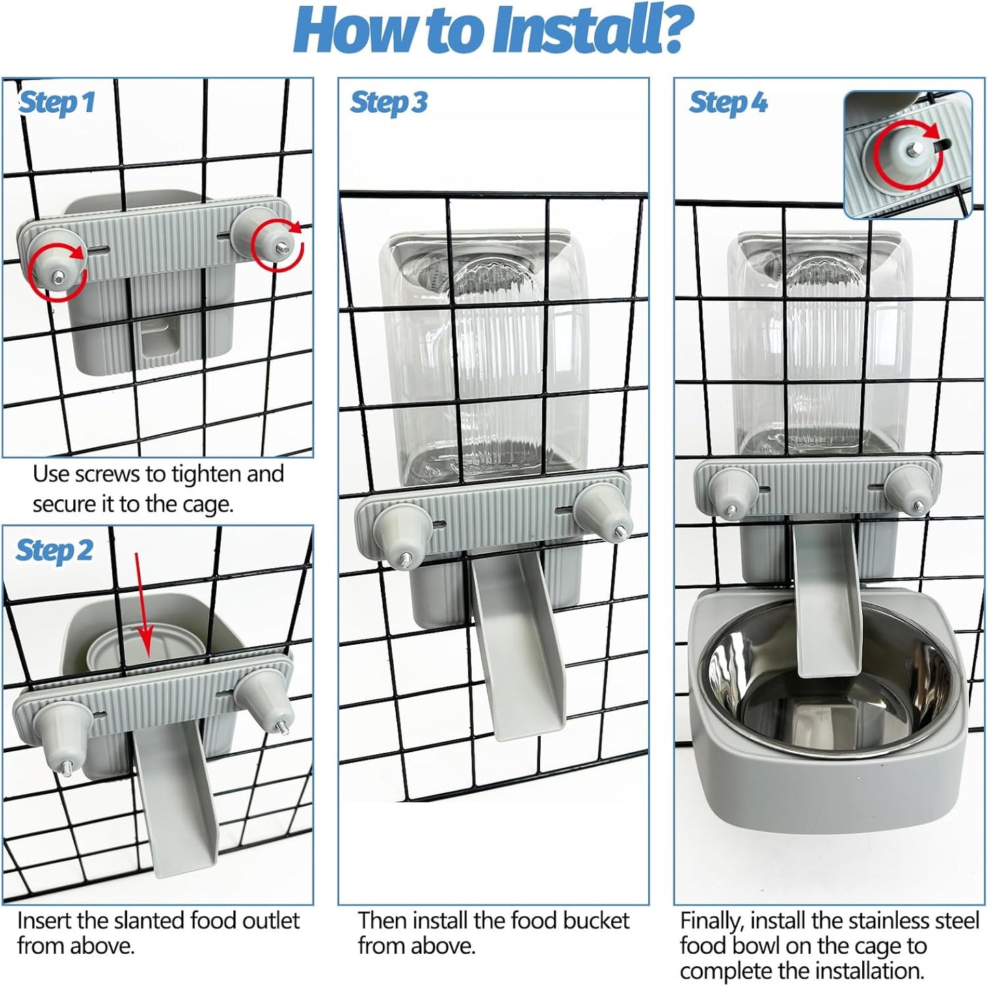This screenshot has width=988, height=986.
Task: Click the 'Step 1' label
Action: [56, 103]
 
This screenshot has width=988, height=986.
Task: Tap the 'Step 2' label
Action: [54, 551]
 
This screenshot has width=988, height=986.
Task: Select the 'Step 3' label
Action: [388, 103]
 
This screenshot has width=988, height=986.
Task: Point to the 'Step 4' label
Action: [727, 103]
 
